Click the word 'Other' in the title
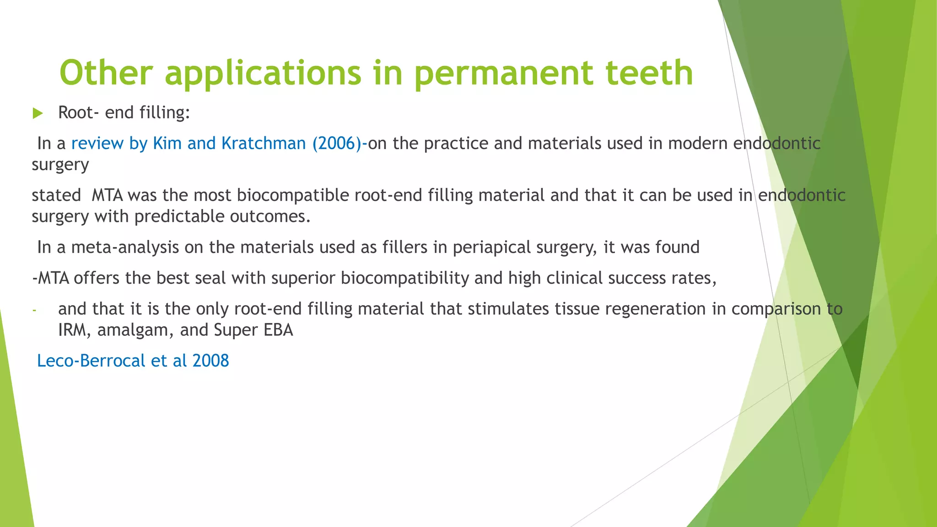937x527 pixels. point(106,73)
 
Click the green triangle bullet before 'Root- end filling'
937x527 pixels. point(38,113)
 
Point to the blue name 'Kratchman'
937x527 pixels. point(264,144)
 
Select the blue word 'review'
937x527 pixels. point(97,144)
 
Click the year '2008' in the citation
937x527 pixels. point(210,361)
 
